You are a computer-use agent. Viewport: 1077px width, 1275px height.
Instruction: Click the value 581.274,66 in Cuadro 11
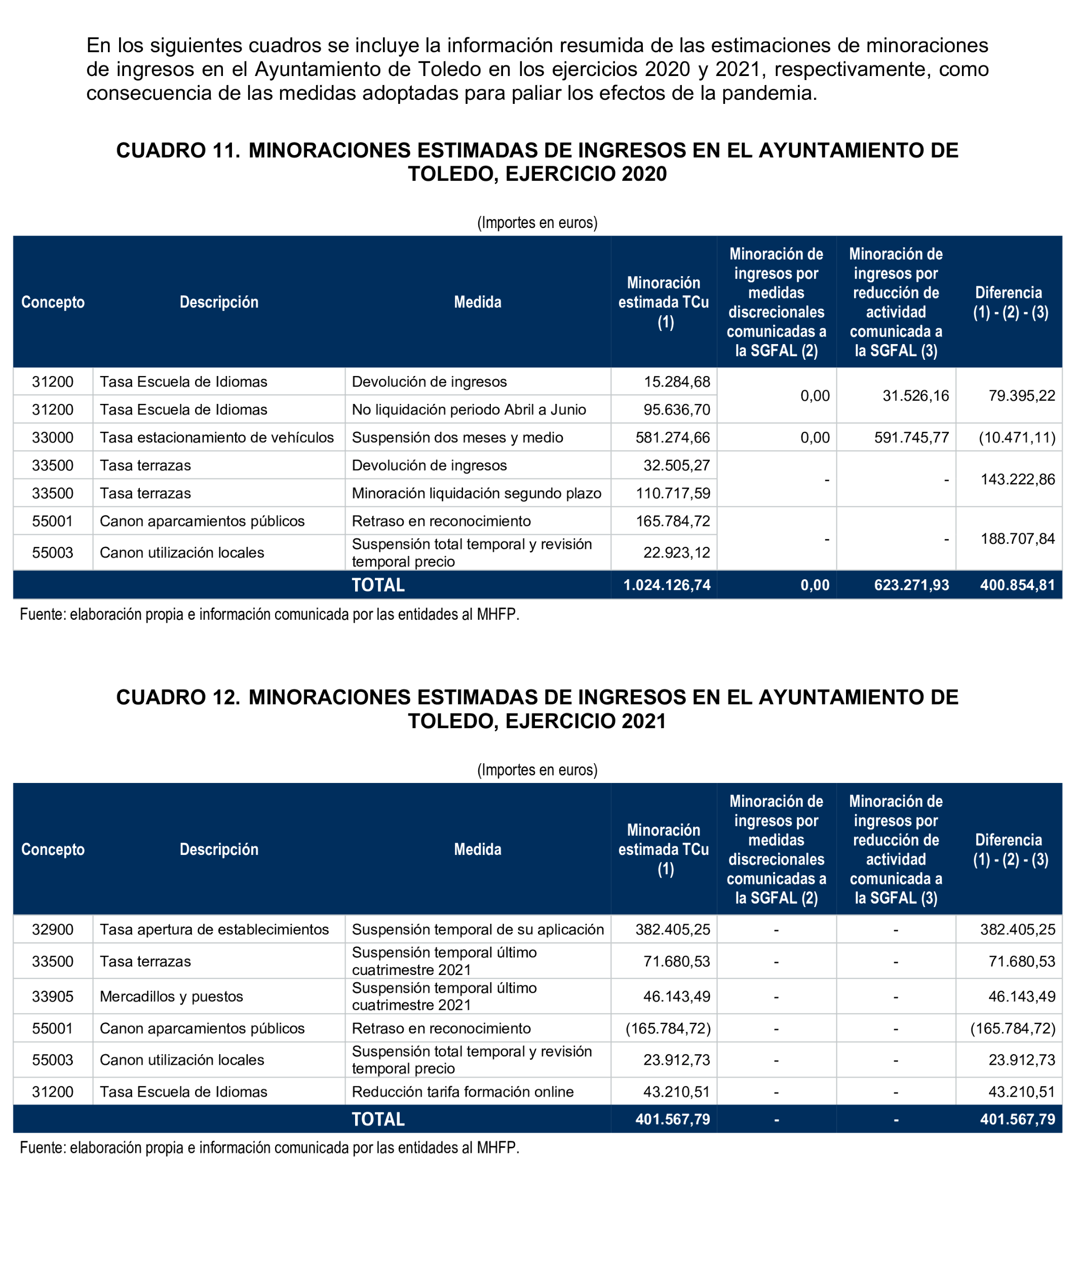tap(672, 437)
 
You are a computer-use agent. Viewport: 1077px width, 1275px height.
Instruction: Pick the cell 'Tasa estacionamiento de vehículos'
tap(217, 437)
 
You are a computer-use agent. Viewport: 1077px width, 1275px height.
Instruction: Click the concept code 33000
tap(53, 437)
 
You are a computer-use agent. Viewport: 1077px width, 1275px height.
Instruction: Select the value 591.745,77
tap(911, 437)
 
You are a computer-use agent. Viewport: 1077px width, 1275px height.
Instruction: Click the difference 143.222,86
tap(1017, 479)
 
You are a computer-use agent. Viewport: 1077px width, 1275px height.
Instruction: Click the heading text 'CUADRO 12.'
tap(178, 697)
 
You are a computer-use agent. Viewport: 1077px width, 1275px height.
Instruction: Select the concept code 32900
tap(53, 929)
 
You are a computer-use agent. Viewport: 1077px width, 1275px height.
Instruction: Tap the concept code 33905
tap(53, 997)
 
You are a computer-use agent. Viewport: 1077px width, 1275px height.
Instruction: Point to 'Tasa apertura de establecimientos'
tap(214, 929)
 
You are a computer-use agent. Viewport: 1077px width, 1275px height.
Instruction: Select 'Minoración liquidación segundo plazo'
tap(476, 494)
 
